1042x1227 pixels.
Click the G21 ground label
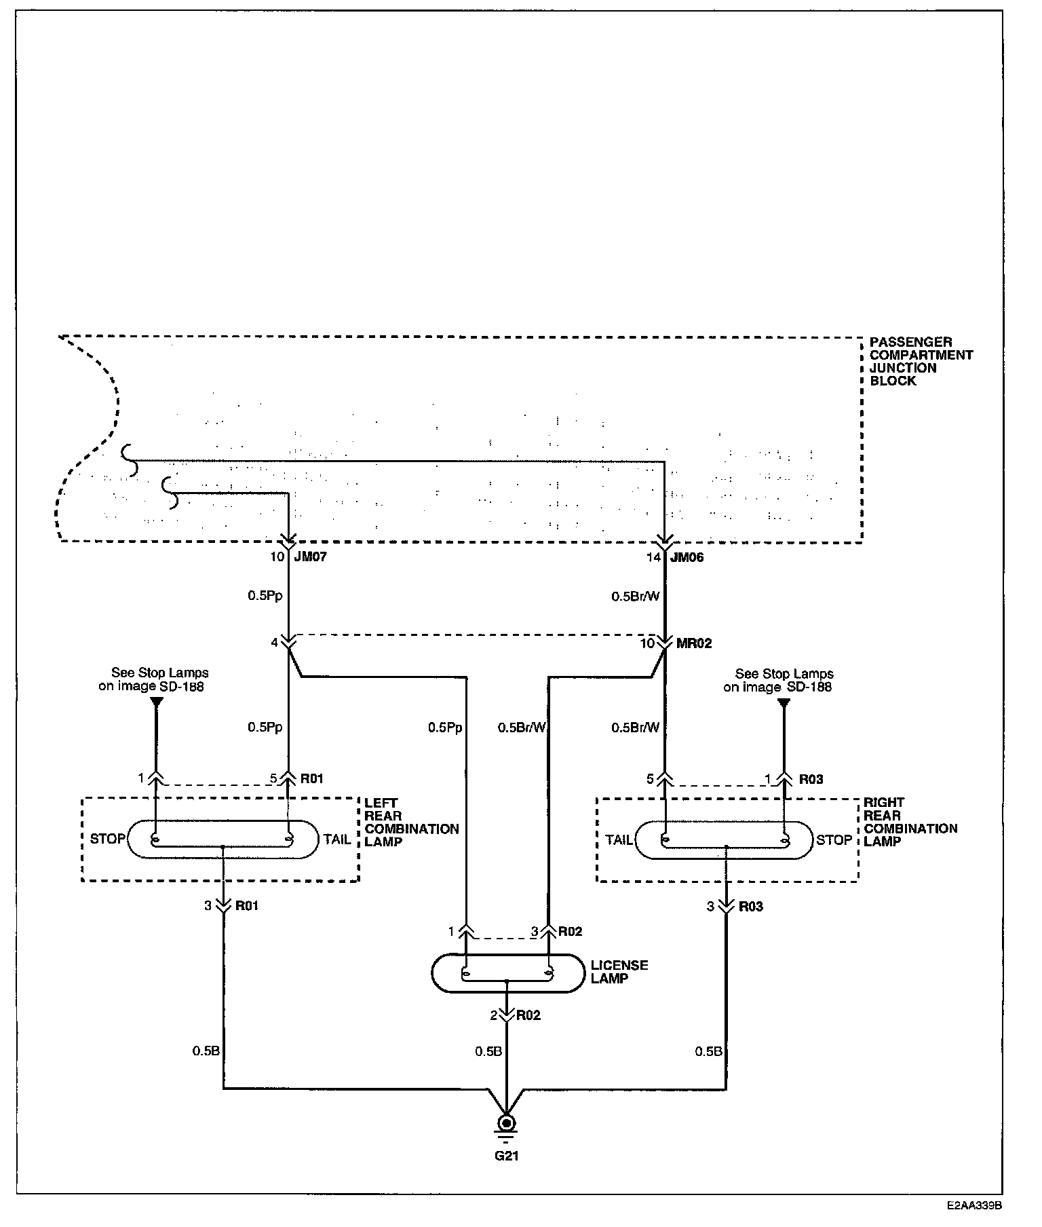coord(507,1156)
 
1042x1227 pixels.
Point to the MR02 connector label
coord(695,643)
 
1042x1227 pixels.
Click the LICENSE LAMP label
coord(619,972)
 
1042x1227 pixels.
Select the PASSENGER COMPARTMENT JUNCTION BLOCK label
coord(921,362)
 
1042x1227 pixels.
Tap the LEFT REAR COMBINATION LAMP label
coord(412,822)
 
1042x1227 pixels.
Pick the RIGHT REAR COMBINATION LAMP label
coord(910,822)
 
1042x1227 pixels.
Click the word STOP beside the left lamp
coord(108,839)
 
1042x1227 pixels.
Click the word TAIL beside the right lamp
coord(619,840)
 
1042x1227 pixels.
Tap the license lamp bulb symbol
coord(507,974)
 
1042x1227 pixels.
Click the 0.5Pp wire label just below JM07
coord(265,596)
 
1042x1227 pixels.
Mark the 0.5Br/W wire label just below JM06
coord(636,597)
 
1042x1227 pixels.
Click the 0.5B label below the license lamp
coord(488,1051)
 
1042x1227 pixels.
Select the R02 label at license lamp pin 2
coord(528,1016)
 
